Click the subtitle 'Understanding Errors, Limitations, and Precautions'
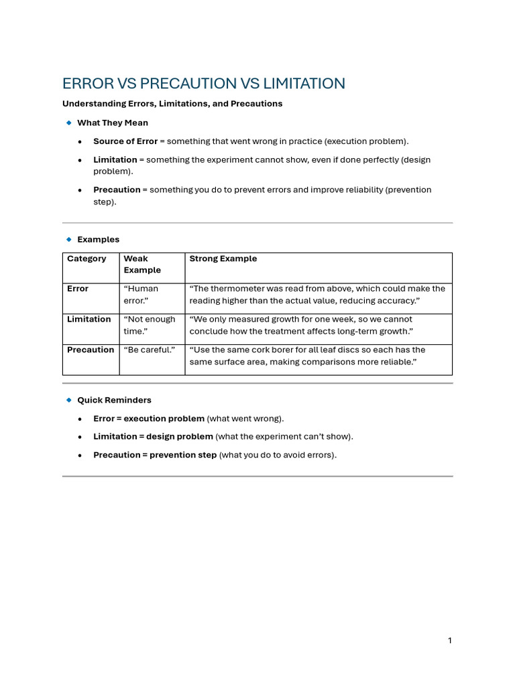tap(172, 104)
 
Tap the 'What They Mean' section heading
tap(113, 123)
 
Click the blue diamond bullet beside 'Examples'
tap(68, 239)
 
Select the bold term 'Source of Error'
tap(125, 141)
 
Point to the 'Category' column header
tap(87, 259)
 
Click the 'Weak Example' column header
tap(142, 264)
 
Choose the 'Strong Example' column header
tap(223, 259)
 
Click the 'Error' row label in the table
tap(78, 289)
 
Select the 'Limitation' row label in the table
tap(89, 320)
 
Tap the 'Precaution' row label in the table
tap(91, 350)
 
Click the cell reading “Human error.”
tap(141, 294)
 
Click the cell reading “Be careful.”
tap(149, 350)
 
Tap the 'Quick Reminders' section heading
tap(114, 400)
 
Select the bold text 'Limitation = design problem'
tap(153, 437)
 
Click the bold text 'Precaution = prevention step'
tap(155, 455)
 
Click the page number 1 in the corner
tap(449, 641)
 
